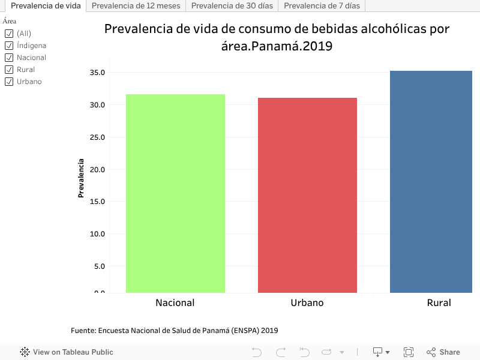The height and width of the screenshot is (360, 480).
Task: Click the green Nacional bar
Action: click(x=175, y=193)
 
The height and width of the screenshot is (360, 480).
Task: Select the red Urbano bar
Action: click(x=307, y=195)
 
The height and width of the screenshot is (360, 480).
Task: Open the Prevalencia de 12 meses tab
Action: click(x=136, y=6)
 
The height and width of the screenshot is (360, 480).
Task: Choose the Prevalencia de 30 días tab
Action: click(x=232, y=6)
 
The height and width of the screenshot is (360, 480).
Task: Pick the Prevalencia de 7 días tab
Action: click(x=322, y=6)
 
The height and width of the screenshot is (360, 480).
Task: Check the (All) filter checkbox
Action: click(x=9, y=34)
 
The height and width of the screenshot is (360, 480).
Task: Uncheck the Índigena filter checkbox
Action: click(x=9, y=46)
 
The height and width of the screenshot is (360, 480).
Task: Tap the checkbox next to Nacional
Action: click(x=9, y=58)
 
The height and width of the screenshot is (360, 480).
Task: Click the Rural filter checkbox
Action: click(x=9, y=70)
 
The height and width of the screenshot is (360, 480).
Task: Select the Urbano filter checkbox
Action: click(x=9, y=82)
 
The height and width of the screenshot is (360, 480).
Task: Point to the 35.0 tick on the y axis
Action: click(x=97, y=73)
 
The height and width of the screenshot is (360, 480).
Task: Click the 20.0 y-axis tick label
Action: click(x=97, y=169)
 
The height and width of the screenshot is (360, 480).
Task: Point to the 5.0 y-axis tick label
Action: click(x=99, y=266)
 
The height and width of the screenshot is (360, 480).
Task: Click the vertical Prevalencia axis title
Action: click(x=80, y=178)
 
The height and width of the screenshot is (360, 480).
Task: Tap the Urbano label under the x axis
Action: click(x=307, y=303)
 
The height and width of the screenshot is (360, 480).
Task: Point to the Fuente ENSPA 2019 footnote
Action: click(x=174, y=331)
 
